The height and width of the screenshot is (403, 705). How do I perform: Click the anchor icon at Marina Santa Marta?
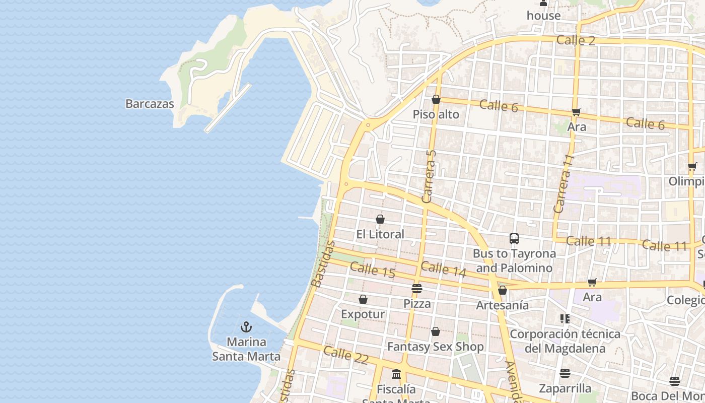click(x=246, y=327)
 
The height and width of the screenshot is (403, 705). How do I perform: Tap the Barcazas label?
click(x=150, y=104)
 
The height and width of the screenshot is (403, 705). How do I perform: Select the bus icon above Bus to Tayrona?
click(x=514, y=239)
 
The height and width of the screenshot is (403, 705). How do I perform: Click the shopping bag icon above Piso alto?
click(x=436, y=100)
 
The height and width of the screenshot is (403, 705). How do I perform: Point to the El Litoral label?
click(x=380, y=234)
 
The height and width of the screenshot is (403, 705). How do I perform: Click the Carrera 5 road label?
click(x=430, y=176)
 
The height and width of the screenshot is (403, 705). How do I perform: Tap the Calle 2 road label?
click(x=576, y=40)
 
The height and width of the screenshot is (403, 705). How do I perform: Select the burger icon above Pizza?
click(x=416, y=289)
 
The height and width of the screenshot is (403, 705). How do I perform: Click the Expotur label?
click(x=363, y=314)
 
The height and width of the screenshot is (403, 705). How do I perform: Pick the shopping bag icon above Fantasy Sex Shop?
click(x=436, y=331)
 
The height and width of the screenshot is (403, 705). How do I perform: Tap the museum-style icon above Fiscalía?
click(x=396, y=374)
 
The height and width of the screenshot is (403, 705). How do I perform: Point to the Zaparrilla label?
click(x=565, y=388)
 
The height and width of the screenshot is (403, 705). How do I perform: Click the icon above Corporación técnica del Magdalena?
click(x=565, y=319)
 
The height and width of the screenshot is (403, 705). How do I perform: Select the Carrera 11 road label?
click(x=563, y=184)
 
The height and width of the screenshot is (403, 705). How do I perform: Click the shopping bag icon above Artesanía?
click(x=502, y=290)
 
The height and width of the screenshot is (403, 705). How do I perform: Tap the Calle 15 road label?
click(x=372, y=270)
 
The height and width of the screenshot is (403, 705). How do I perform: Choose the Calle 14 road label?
click(x=444, y=269)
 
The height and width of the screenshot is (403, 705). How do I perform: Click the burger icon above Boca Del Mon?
click(x=675, y=381)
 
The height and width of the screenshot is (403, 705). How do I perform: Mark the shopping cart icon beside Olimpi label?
click(x=692, y=167)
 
